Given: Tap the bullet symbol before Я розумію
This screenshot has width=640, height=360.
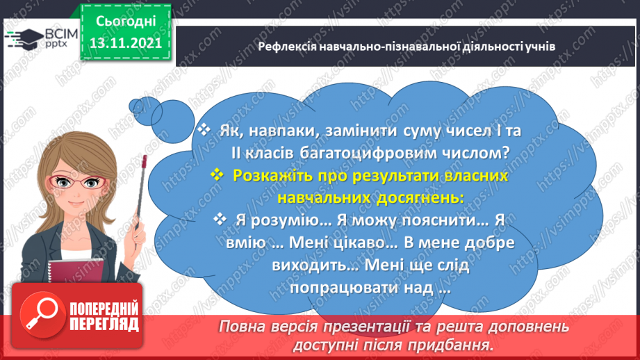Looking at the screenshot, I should tap(221, 220).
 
